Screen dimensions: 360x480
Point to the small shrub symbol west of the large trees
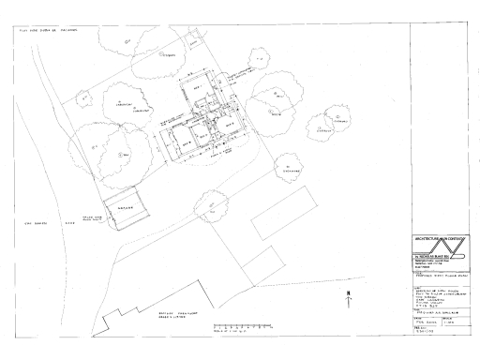[82, 94]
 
